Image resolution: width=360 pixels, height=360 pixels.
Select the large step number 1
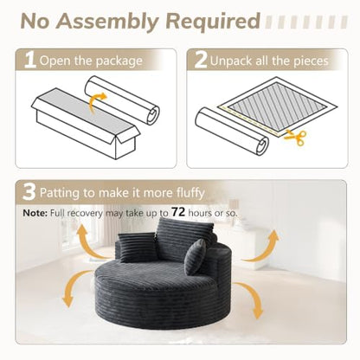point(30,61)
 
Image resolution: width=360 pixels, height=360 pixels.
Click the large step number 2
point(201,60)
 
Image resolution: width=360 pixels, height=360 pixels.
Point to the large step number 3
point(29,192)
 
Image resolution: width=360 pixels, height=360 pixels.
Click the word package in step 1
point(119,61)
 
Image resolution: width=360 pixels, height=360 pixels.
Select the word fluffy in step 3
point(190,192)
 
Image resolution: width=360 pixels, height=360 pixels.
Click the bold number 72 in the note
point(178,212)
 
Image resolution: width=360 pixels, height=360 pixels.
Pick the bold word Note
point(35,213)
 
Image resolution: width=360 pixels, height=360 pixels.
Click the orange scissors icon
point(296,138)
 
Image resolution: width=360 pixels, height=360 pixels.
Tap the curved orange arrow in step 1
point(96,103)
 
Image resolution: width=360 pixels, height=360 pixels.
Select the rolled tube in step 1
point(122,100)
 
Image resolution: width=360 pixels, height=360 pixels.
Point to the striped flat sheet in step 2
point(277,106)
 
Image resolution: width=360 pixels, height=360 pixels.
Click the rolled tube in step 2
point(232,132)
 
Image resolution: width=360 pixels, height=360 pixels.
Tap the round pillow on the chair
point(196,256)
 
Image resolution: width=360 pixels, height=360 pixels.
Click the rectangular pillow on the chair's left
point(136,247)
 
